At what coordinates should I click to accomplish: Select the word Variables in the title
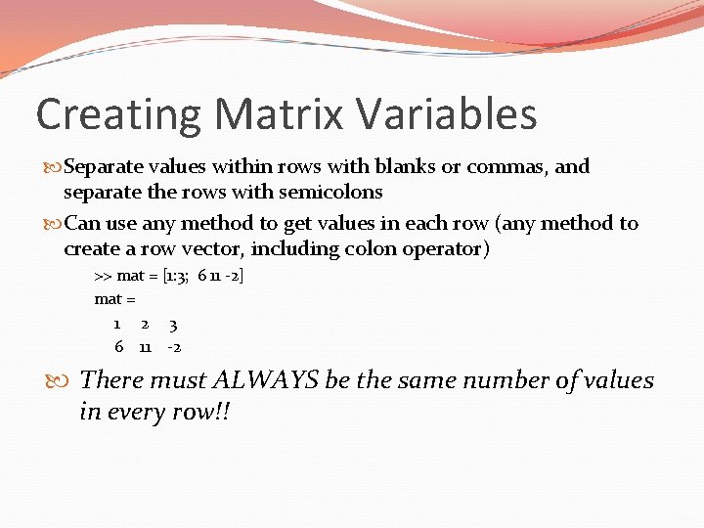[x=448, y=114]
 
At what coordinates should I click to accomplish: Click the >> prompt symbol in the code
[x=103, y=276]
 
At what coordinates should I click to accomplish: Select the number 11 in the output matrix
[x=145, y=347]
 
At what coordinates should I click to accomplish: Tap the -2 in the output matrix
[x=174, y=347]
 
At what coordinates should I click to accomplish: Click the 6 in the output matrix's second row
[x=118, y=347]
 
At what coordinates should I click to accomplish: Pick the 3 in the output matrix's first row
[x=172, y=324]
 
